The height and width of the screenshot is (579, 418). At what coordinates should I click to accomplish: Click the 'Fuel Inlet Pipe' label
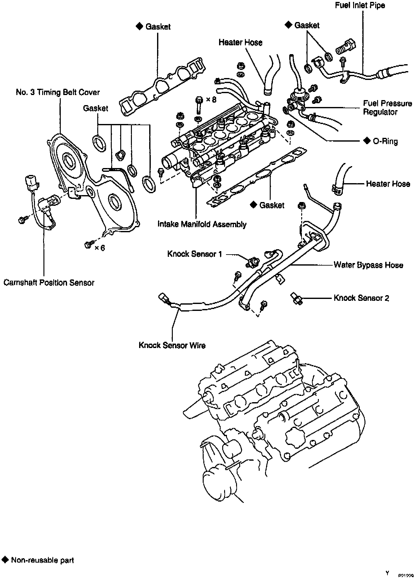(x=360, y=5)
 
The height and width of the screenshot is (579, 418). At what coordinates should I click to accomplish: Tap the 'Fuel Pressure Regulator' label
(x=387, y=108)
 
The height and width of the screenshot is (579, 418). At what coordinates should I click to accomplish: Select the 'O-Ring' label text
(x=385, y=141)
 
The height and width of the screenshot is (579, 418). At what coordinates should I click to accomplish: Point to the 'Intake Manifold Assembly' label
(x=202, y=224)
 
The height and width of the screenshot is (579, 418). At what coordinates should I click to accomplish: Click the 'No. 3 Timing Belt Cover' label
(x=58, y=93)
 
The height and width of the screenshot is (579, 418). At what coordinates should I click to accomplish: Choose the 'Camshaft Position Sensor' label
(x=49, y=283)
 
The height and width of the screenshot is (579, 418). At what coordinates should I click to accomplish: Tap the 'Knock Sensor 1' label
(x=195, y=254)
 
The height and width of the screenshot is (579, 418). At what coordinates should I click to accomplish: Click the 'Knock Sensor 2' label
(x=361, y=298)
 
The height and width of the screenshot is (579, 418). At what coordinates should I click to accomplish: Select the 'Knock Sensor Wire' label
(x=172, y=345)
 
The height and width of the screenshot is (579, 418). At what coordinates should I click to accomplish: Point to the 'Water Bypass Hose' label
(x=368, y=265)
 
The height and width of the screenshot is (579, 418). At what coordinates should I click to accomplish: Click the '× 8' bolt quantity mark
(x=211, y=100)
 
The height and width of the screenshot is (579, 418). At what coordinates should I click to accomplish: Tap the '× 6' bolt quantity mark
(x=100, y=248)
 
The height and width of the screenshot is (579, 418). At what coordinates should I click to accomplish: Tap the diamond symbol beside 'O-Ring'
(x=367, y=141)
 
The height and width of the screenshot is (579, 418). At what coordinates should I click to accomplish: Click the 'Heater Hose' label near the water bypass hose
(x=388, y=184)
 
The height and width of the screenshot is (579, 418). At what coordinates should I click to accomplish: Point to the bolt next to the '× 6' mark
(x=88, y=245)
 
